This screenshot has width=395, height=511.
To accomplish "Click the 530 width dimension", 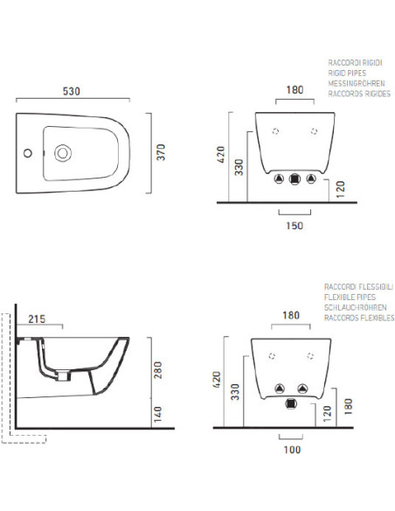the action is point(72,91).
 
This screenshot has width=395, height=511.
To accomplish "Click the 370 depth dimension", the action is point(161,152).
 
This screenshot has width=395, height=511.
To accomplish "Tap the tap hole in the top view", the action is point(28,153).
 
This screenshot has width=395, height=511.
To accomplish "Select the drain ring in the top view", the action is point(63,153).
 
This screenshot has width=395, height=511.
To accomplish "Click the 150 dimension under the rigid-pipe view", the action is point(295,226).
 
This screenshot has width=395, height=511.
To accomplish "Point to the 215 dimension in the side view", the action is point(37,319).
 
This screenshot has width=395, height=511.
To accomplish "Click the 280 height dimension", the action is point(158,370).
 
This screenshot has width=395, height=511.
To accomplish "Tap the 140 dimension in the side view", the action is point(158,414).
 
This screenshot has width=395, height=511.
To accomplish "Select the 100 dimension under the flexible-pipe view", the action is point(292,450).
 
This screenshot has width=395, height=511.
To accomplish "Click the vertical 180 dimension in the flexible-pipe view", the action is point(348,406).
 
